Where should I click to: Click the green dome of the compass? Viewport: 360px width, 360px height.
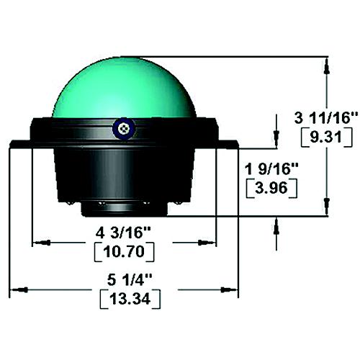coord(122,86)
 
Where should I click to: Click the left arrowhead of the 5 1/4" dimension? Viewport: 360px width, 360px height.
coord(16,290)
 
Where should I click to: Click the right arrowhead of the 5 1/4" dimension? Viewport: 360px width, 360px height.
coord(232,290)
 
